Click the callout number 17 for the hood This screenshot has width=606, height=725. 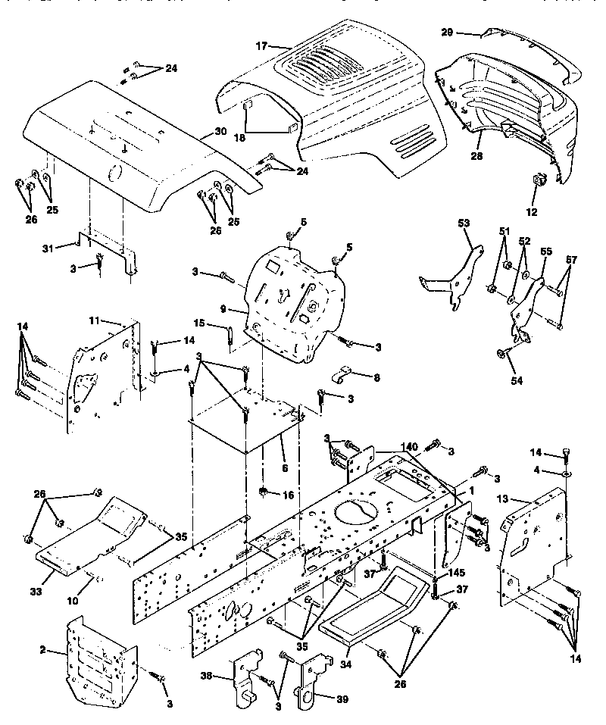[x=261, y=45]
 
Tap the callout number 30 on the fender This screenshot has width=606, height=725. [x=220, y=131]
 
